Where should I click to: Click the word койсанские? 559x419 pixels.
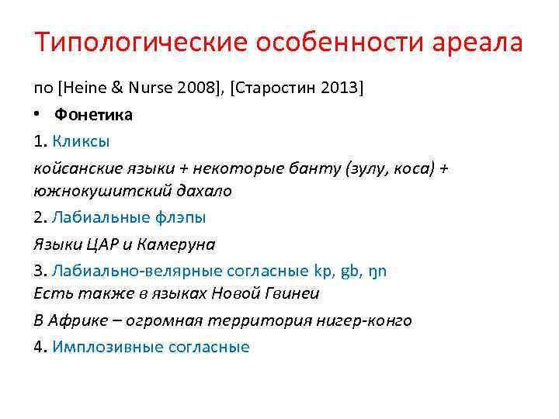click(75, 168)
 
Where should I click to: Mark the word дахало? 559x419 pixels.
click(204, 190)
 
